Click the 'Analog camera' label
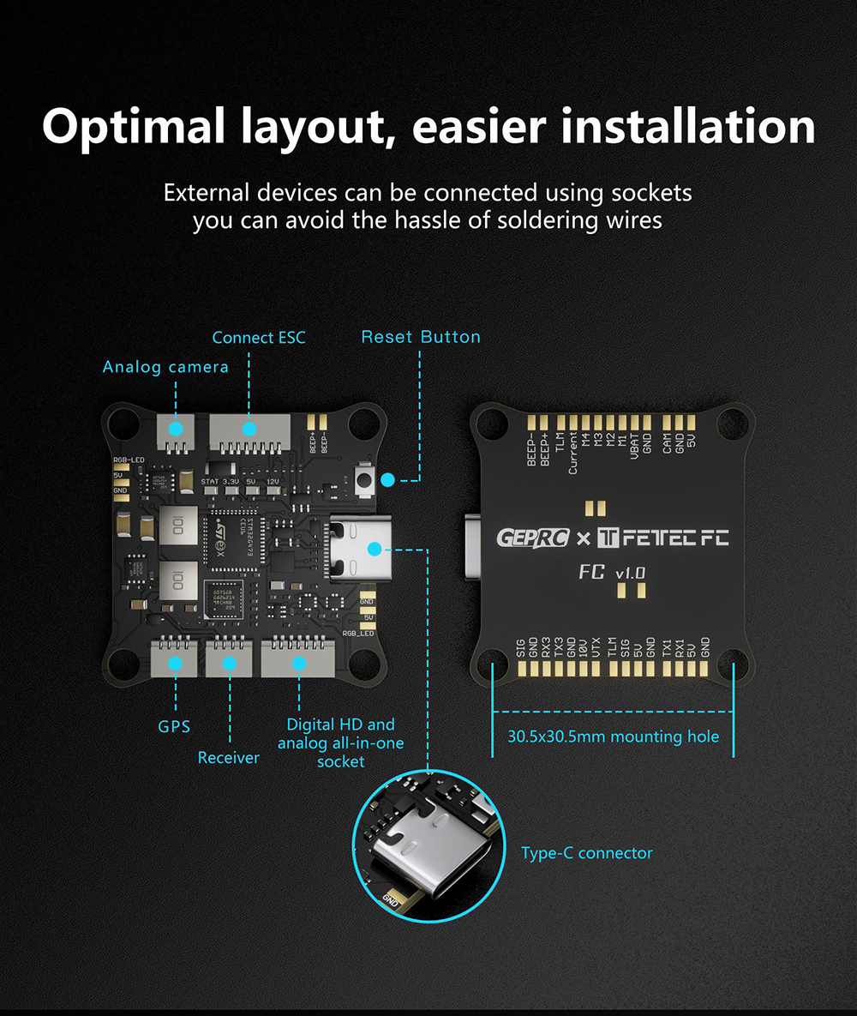(165, 367)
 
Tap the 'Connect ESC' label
(259, 338)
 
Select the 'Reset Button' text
(421, 337)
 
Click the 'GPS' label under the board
(174, 726)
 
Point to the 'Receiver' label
(228, 758)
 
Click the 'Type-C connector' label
(587, 853)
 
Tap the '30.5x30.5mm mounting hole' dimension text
(613, 736)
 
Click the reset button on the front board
(363, 478)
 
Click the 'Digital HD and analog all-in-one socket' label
(340, 742)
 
